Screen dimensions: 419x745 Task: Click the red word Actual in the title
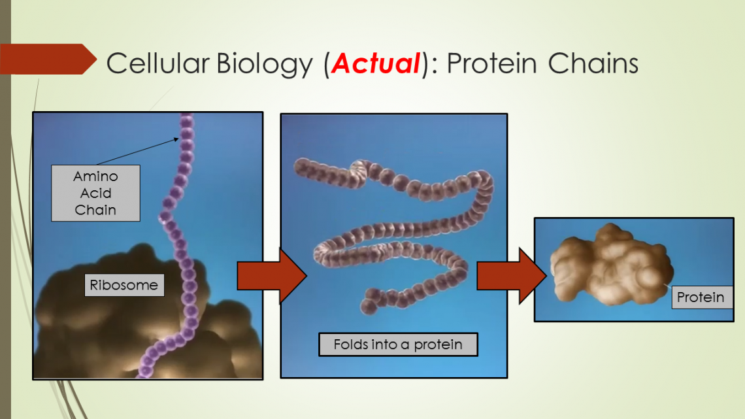pos(375,63)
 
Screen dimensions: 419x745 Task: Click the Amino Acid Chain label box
pos(95,193)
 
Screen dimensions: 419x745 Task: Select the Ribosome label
pos(124,286)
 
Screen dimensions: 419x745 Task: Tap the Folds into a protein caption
pos(398,344)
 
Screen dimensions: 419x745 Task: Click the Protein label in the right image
pos(700,297)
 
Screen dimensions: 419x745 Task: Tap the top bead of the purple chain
pos(187,120)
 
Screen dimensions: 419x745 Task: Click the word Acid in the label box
pos(95,193)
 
